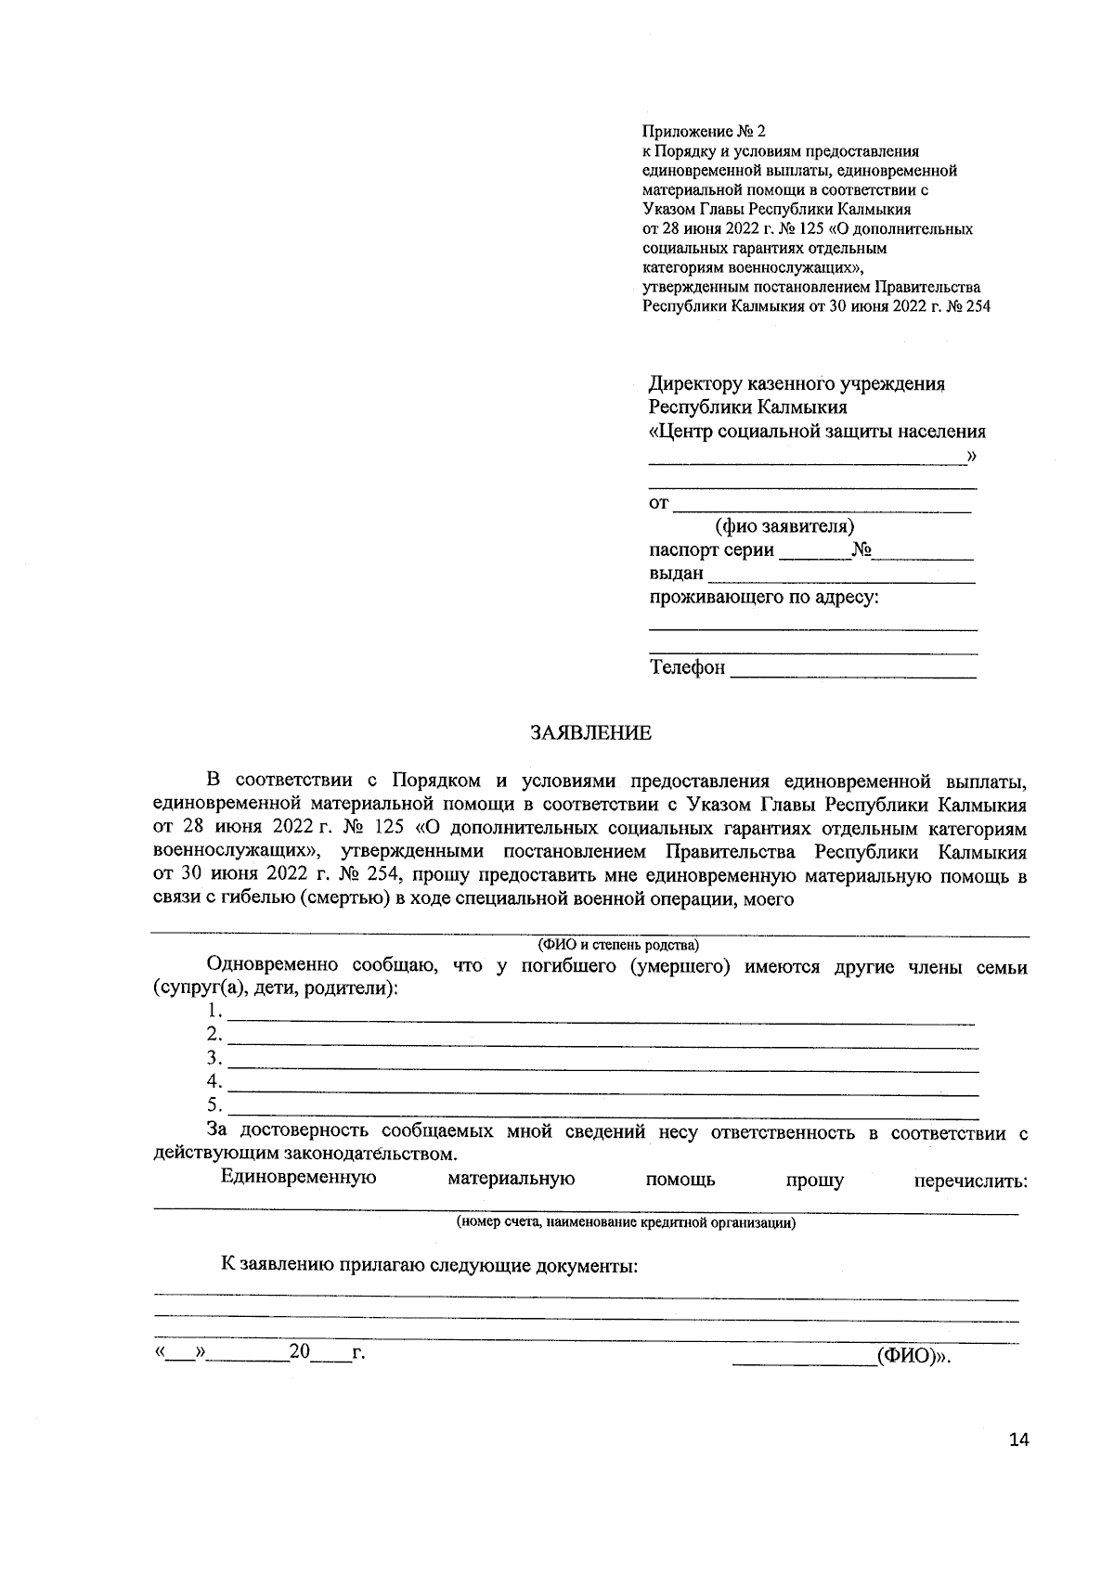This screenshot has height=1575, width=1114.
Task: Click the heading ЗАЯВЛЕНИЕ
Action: pyautogui.click(x=590, y=733)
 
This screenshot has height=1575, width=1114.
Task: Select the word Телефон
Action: pyautogui.click(x=687, y=667)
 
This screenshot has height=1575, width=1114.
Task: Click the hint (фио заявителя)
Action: pyautogui.click(x=784, y=527)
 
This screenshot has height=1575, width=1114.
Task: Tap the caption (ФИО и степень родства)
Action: pyautogui.click(x=619, y=946)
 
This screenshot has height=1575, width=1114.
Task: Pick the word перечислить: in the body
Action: pyautogui.click(x=970, y=1181)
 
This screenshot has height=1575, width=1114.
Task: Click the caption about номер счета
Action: pyautogui.click(x=625, y=1222)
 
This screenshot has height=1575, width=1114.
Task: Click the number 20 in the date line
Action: pyautogui.click(x=299, y=1351)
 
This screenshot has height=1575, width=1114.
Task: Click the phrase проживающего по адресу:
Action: pyautogui.click(x=763, y=598)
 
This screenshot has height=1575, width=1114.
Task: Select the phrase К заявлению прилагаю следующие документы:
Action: pyautogui.click(x=429, y=1266)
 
